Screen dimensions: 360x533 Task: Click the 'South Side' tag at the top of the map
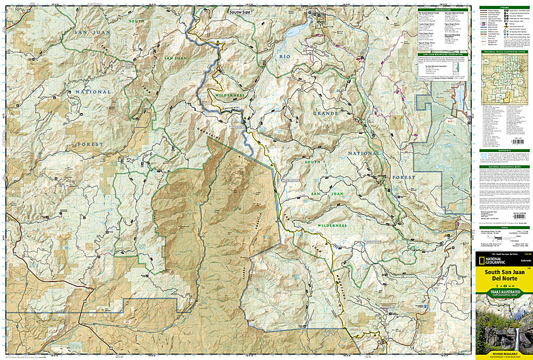point(238,12)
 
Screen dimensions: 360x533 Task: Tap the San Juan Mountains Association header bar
point(441,54)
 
